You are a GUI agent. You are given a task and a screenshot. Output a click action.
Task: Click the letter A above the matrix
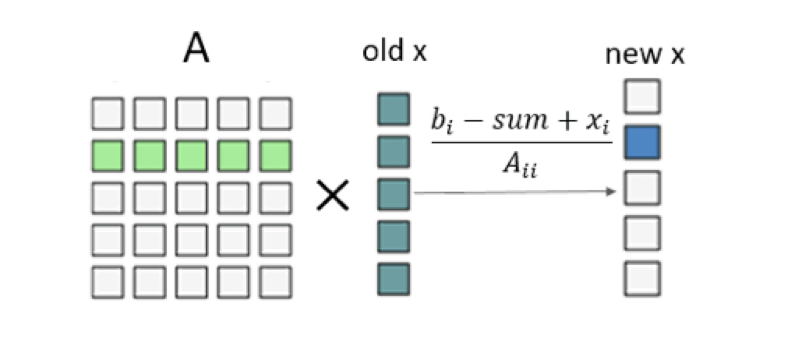(196, 48)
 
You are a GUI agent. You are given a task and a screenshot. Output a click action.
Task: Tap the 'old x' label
(395, 53)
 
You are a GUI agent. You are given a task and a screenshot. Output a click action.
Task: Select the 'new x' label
(645, 55)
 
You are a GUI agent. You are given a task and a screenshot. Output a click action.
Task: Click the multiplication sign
(332, 195)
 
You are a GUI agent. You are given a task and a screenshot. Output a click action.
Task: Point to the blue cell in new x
(642, 142)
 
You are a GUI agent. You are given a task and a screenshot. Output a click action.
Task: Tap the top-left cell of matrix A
(108, 114)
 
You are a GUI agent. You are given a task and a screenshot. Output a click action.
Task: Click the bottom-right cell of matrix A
(276, 281)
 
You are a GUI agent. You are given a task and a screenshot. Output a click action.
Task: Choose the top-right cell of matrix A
(276, 114)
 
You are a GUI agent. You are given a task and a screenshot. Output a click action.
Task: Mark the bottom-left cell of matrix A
(108, 281)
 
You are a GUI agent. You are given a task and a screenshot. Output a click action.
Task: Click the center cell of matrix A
(192, 197)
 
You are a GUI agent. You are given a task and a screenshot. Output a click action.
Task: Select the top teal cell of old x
(394, 110)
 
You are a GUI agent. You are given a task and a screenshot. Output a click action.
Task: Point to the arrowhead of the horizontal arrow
(613, 192)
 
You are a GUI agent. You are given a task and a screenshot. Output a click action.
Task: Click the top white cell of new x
(642, 97)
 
